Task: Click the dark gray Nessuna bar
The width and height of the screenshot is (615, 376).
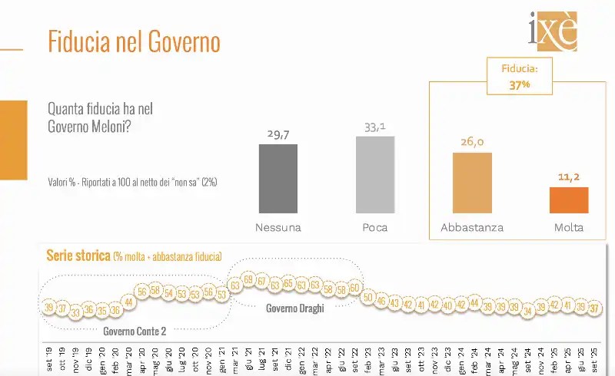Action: pyautogui.click(x=278, y=178)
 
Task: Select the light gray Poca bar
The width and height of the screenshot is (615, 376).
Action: pyautogui.click(x=375, y=174)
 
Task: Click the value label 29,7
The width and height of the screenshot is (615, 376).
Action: pyautogui.click(x=278, y=134)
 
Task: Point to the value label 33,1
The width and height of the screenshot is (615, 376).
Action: pyautogui.click(x=375, y=126)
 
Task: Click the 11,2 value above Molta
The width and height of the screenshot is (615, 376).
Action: pyautogui.click(x=569, y=177)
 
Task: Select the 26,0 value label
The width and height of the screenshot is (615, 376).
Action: pyautogui.click(x=472, y=142)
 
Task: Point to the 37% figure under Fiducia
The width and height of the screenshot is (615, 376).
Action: pyautogui.click(x=520, y=85)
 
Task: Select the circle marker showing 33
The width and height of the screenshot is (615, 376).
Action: pyautogui.click(x=75, y=312)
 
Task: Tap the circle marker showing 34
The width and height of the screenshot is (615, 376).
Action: pyautogui.click(x=527, y=311)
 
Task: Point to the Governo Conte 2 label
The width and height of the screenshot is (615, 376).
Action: pyautogui.click(x=135, y=331)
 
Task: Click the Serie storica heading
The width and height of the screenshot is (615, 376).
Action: pyautogui.click(x=79, y=256)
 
